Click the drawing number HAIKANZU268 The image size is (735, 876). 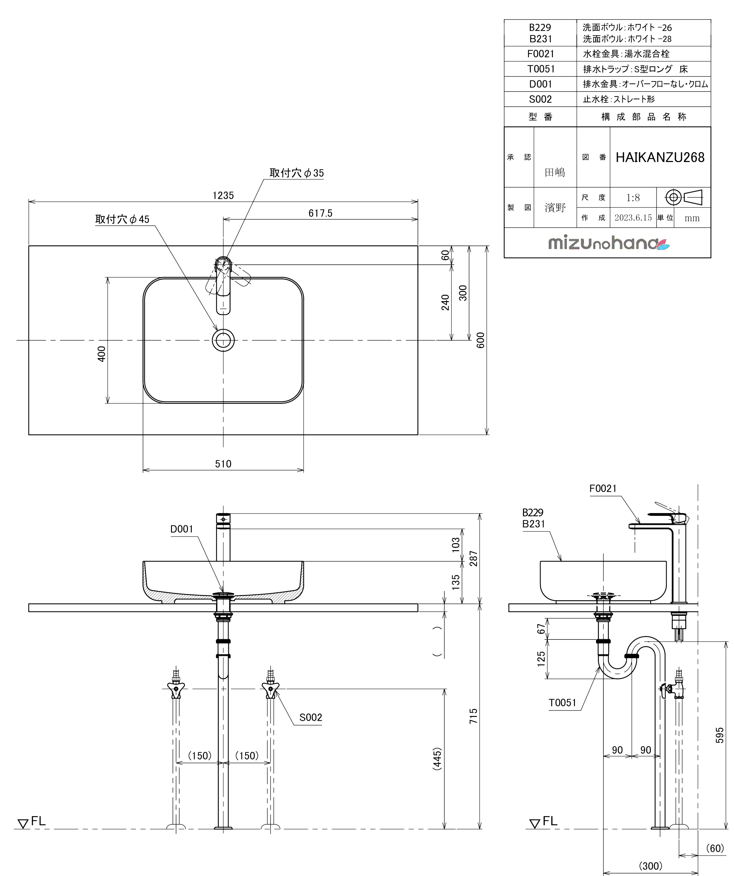[660, 157]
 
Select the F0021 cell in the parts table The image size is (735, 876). [541, 54]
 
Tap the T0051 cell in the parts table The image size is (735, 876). [541, 69]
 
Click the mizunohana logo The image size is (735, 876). [609, 243]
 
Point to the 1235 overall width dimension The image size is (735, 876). [223, 195]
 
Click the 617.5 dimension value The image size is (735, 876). [320, 213]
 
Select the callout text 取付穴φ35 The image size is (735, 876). [296, 173]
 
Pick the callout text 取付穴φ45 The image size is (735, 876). [122, 219]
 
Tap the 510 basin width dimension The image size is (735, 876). [223, 463]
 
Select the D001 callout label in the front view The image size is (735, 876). [182, 529]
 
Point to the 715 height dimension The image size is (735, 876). [473, 716]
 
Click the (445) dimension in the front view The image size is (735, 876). [437, 758]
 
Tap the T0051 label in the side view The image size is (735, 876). [562, 703]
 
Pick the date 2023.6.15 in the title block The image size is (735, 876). [633, 217]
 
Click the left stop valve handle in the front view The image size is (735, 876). [176, 689]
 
